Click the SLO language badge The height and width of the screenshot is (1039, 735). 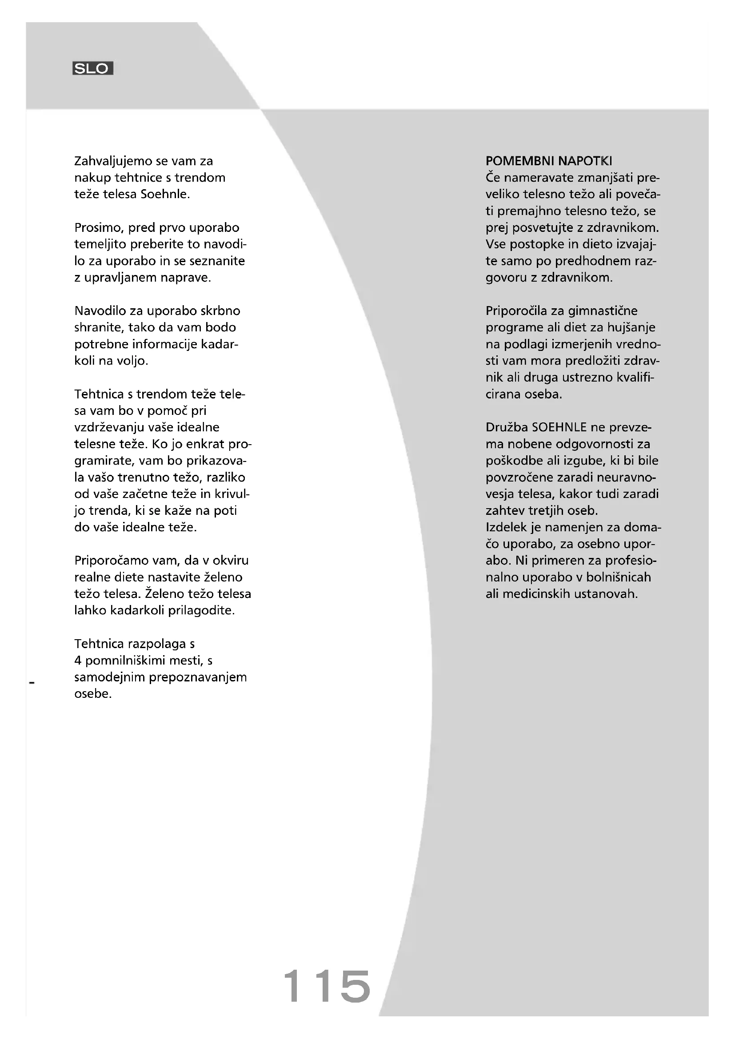[x=93, y=68]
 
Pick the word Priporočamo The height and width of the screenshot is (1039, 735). [x=114, y=561]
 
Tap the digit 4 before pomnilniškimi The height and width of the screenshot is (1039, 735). [x=78, y=661]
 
